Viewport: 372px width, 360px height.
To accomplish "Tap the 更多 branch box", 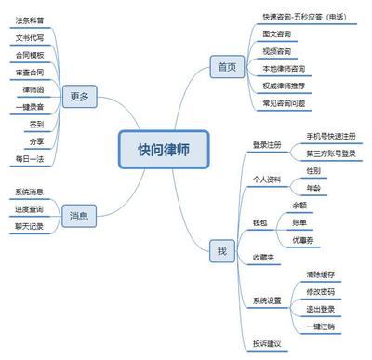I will (79, 96).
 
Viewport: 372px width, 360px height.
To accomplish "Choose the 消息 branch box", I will (79, 217).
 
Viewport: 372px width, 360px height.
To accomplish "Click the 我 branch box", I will (221, 251).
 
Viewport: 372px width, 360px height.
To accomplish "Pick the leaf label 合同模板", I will (30, 55).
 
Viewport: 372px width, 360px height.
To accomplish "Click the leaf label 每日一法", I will (30, 159).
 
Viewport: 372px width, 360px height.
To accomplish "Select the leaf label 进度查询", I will (29, 209).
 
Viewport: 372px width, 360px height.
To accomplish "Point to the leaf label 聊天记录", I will (29, 226).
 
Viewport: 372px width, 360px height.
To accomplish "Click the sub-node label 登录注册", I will (267, 144).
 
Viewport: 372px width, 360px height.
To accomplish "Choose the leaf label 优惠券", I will (303, 239).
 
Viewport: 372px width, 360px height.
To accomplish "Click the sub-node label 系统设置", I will (267, 300).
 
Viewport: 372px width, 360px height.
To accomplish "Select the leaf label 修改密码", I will (319, 292).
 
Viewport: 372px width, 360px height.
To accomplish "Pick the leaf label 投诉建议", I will (267, 345).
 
